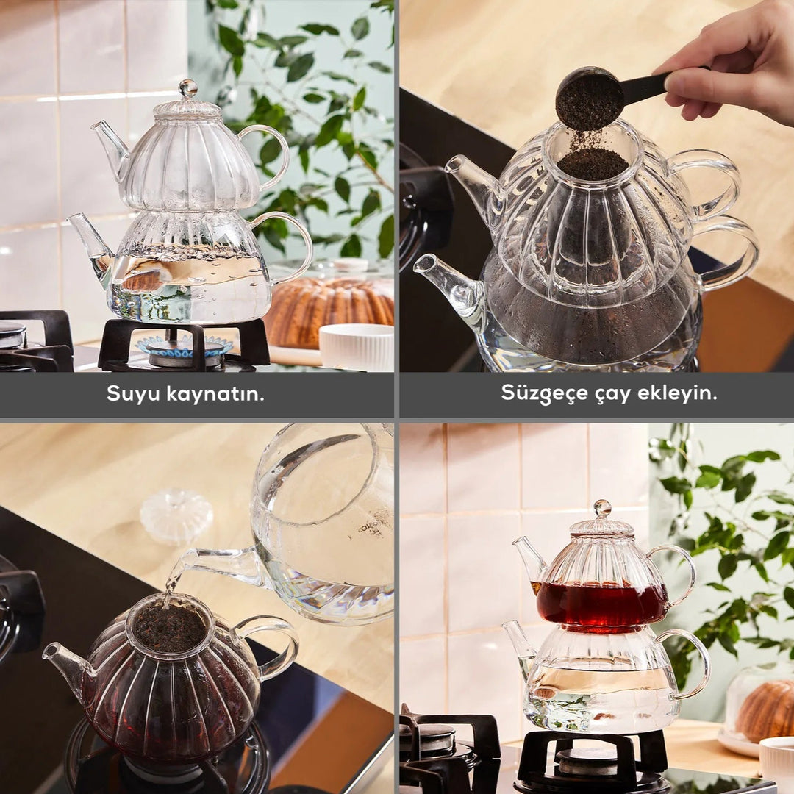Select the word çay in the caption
click(x=603, y=393)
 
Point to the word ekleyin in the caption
click(x=672, y=393)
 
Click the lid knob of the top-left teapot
click(x=188, y=89)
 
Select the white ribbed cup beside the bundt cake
click(x=357, y=346)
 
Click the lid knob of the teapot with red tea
click(x=602, y=509)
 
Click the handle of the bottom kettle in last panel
click(x=695, y=662)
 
